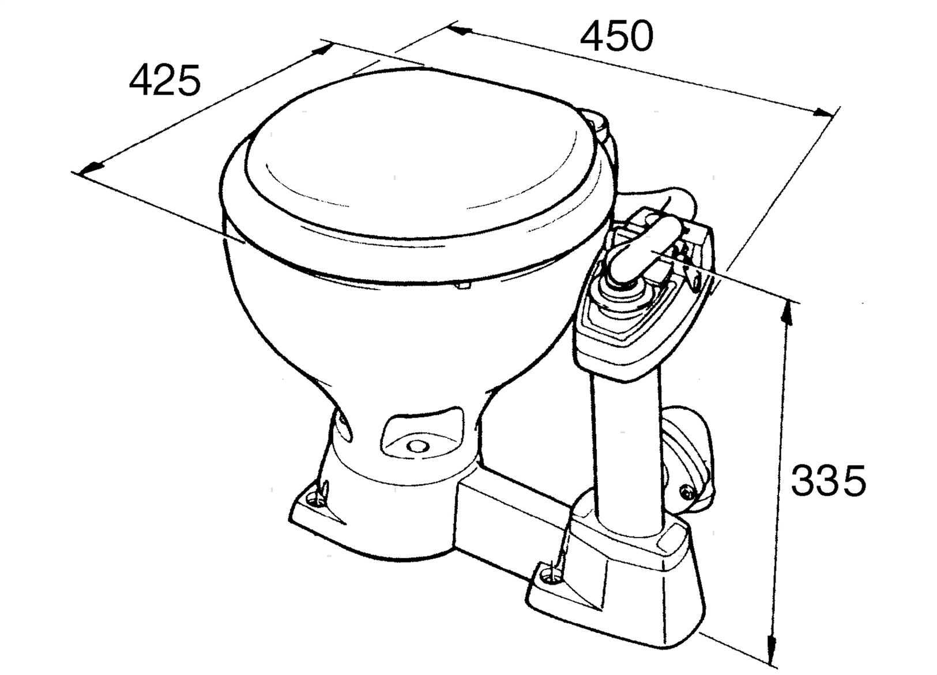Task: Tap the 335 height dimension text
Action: [x=828, y=481]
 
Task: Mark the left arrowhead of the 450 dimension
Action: [x=460, y=30]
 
